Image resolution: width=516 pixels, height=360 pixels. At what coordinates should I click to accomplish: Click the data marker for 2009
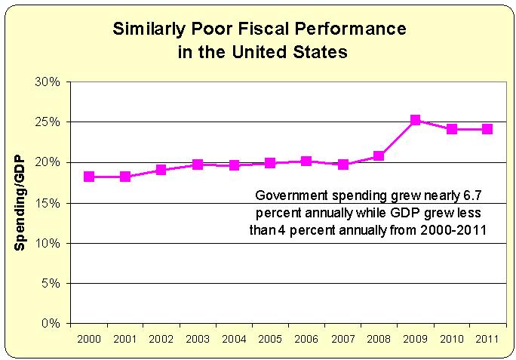click(415, 120)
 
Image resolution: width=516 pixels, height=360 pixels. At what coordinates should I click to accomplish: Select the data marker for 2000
click(89, 177)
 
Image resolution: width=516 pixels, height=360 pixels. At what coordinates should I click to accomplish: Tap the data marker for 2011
click(487, 129)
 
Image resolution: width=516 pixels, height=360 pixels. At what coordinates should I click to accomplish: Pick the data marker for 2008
click(379, 156)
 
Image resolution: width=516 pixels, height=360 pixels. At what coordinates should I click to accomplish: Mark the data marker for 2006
click(306, 161)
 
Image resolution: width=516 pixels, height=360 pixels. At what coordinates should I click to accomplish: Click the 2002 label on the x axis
click(161, 337)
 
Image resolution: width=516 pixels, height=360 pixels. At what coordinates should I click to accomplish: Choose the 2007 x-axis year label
click(342, 337)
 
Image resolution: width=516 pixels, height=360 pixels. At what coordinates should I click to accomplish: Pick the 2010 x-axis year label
click(451, 337)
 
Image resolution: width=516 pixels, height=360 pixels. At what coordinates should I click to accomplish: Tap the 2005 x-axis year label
click(270, 337)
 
